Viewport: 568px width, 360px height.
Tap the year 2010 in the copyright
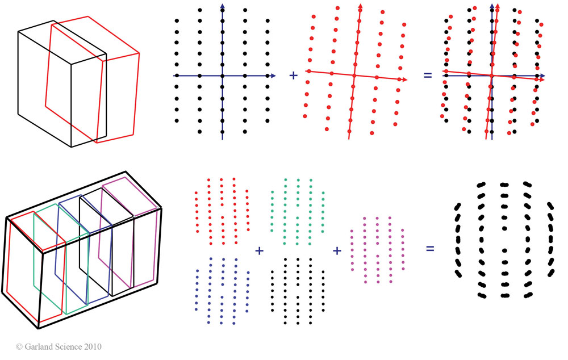(x=91, y=346)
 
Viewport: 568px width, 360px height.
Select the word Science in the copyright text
(x=66, y=346)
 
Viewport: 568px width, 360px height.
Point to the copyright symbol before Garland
(x=19, y=346)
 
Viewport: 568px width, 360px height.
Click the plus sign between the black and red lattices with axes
(x=294, y=75)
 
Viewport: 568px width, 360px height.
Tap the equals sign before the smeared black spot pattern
(x=431, y=248)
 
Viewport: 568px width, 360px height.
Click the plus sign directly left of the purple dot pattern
(x=336, y=250)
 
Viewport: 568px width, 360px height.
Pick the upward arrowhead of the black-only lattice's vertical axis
(x=222, y=7)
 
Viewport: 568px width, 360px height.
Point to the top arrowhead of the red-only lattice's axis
(x=360, y=7)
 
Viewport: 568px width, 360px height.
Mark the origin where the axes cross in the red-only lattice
(x=354, y=75)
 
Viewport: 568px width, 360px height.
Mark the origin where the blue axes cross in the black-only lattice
(x=222, y=75)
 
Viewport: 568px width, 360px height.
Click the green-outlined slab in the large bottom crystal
(x=51, y=261)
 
